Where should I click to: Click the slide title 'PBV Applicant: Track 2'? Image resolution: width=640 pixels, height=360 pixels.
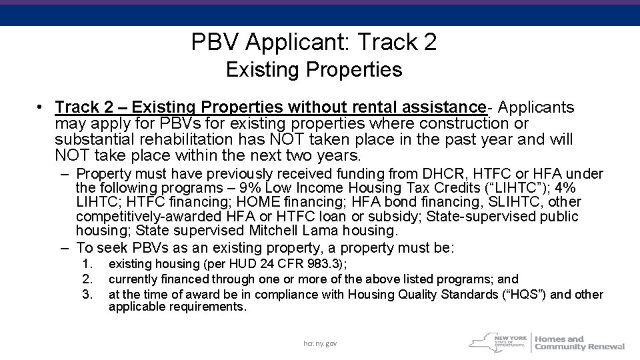pos(314,43)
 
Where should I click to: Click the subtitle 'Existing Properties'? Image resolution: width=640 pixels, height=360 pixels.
pos(314,69)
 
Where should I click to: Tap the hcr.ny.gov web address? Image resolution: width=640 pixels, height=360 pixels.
pos(321,343)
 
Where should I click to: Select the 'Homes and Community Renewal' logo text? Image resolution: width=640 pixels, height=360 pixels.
pos(579,342)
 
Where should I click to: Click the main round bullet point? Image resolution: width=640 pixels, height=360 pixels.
pos(41,107)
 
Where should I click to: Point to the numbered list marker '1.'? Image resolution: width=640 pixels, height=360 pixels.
pos(85,264)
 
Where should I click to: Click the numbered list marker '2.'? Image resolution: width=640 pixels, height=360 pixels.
pos(85,279)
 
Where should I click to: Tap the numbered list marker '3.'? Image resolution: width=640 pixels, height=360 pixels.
pos(85,294)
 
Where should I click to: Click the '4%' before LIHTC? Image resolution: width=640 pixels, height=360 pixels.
pos(566,188)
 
